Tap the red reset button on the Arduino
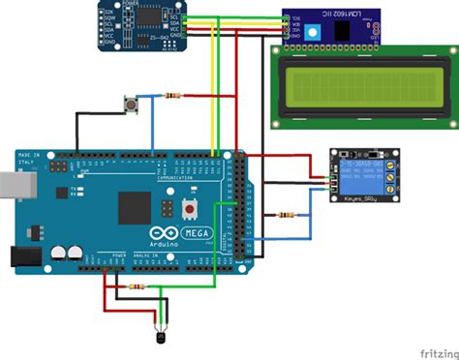tap(191, 208)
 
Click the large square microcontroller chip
tap(135, 207)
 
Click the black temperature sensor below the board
tap(157, 335)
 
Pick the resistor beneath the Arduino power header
tap(138, 287)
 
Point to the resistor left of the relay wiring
tap(286, 215)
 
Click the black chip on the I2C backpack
tap(345, 29)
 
